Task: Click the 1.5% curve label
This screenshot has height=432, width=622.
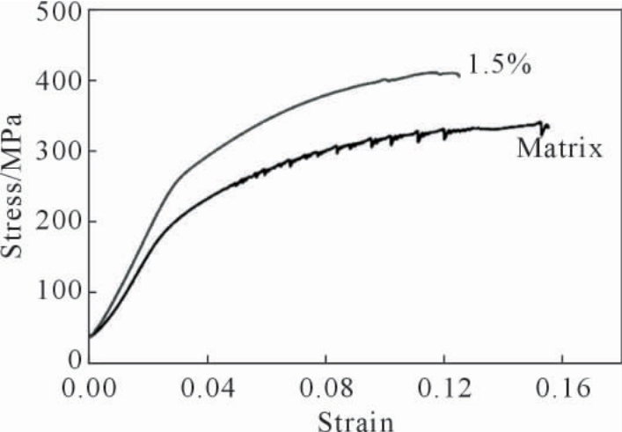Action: point(499,66)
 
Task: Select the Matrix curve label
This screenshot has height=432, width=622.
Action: point(559,148)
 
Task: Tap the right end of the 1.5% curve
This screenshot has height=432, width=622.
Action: point(459,75)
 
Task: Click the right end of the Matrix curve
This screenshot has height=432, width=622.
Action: point(548,125)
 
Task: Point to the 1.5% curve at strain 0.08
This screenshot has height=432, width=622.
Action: point(326,95)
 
